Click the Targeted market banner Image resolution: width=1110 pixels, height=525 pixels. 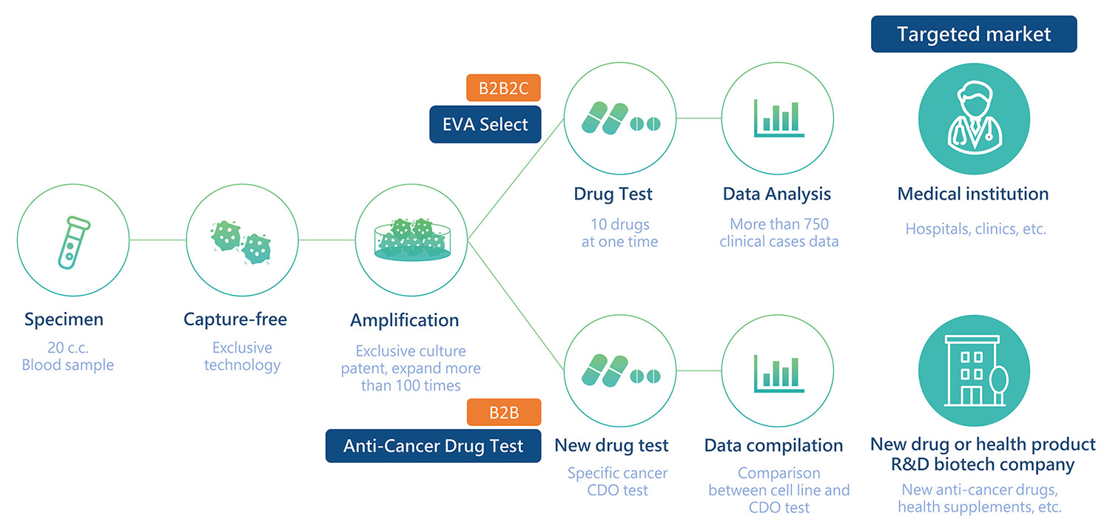click(973, 34)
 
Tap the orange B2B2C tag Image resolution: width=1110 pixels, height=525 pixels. click(503, 87)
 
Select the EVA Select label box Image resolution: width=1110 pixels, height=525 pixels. click(485, 124)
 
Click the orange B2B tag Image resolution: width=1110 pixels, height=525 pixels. click(503, 412)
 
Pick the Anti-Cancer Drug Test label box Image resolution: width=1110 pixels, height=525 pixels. click(433, 446)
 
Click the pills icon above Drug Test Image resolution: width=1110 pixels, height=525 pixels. click(619, 118)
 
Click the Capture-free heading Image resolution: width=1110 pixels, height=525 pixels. click(235, 319)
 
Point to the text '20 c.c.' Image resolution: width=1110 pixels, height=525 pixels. click(68, 348)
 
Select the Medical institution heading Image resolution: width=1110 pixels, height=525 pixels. click(973, 194)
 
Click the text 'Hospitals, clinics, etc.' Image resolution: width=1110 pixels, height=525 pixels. click(976, 229)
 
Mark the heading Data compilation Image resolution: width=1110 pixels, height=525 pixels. click(773, 445)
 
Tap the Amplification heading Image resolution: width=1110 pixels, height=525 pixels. click(404, 320)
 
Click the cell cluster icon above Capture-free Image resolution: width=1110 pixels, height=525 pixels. click(241, 240)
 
